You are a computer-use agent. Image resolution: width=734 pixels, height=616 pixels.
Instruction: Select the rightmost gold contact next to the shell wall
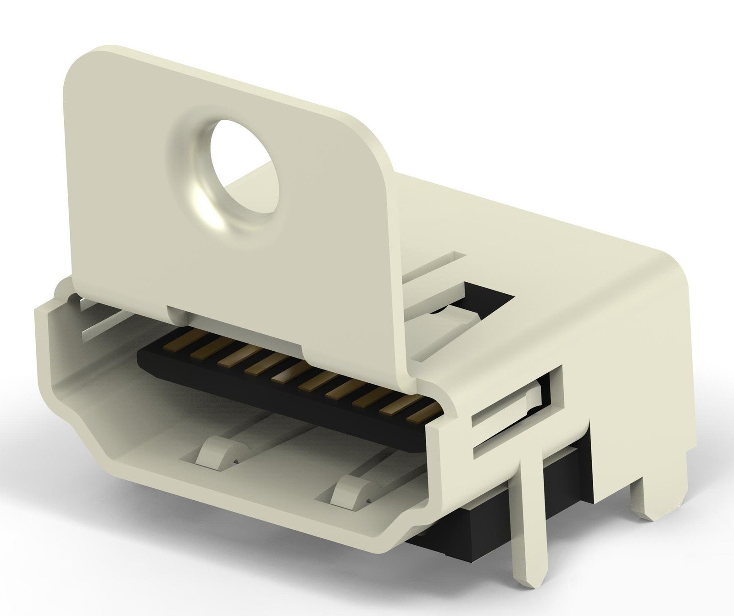pos(421,413)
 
